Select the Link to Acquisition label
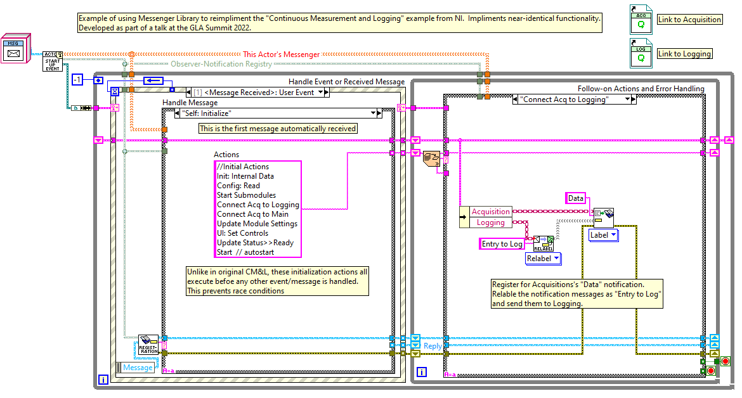click(689, 20)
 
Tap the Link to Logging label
click(684, 54)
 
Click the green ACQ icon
click(641, 20)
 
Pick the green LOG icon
click(641, 54)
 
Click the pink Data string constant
click(575, 198)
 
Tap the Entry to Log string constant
click(502, 244)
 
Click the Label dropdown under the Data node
click(604, 235)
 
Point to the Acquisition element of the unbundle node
click(490, 212)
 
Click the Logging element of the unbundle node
click(490, 222)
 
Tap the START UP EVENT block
click(53, 61)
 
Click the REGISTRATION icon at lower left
click(148, 345)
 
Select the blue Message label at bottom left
click(138, 368)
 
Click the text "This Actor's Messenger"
click(282, 55)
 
